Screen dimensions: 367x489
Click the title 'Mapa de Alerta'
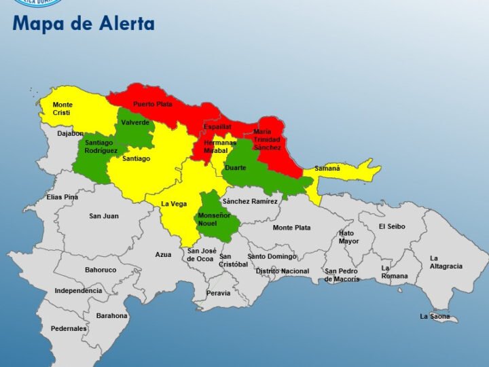(84, 24)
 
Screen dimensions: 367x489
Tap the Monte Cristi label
(62, 109)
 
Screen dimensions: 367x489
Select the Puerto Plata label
(152, 104)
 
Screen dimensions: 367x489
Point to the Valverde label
(135, 122)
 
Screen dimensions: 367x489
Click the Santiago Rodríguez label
(101, 147)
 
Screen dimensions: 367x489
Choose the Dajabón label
(71, 134)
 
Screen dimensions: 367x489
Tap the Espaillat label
(218, 126)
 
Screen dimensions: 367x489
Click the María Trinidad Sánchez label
(266, 139)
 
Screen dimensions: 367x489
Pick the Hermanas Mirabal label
(220, 147)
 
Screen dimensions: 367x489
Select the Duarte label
(236, 167)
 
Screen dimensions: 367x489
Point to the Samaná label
(327, 168)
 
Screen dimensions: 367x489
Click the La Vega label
(174, 204)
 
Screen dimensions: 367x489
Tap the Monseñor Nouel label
(214, 220)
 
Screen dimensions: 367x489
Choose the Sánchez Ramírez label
(250, 201)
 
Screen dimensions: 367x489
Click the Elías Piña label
(62, 197)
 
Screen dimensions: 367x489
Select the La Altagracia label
(446, 262)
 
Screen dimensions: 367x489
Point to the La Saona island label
(435, 316)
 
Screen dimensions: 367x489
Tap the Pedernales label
(69, 328)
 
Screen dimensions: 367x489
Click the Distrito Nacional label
(282, 271)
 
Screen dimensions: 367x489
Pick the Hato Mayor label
(349, 237)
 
